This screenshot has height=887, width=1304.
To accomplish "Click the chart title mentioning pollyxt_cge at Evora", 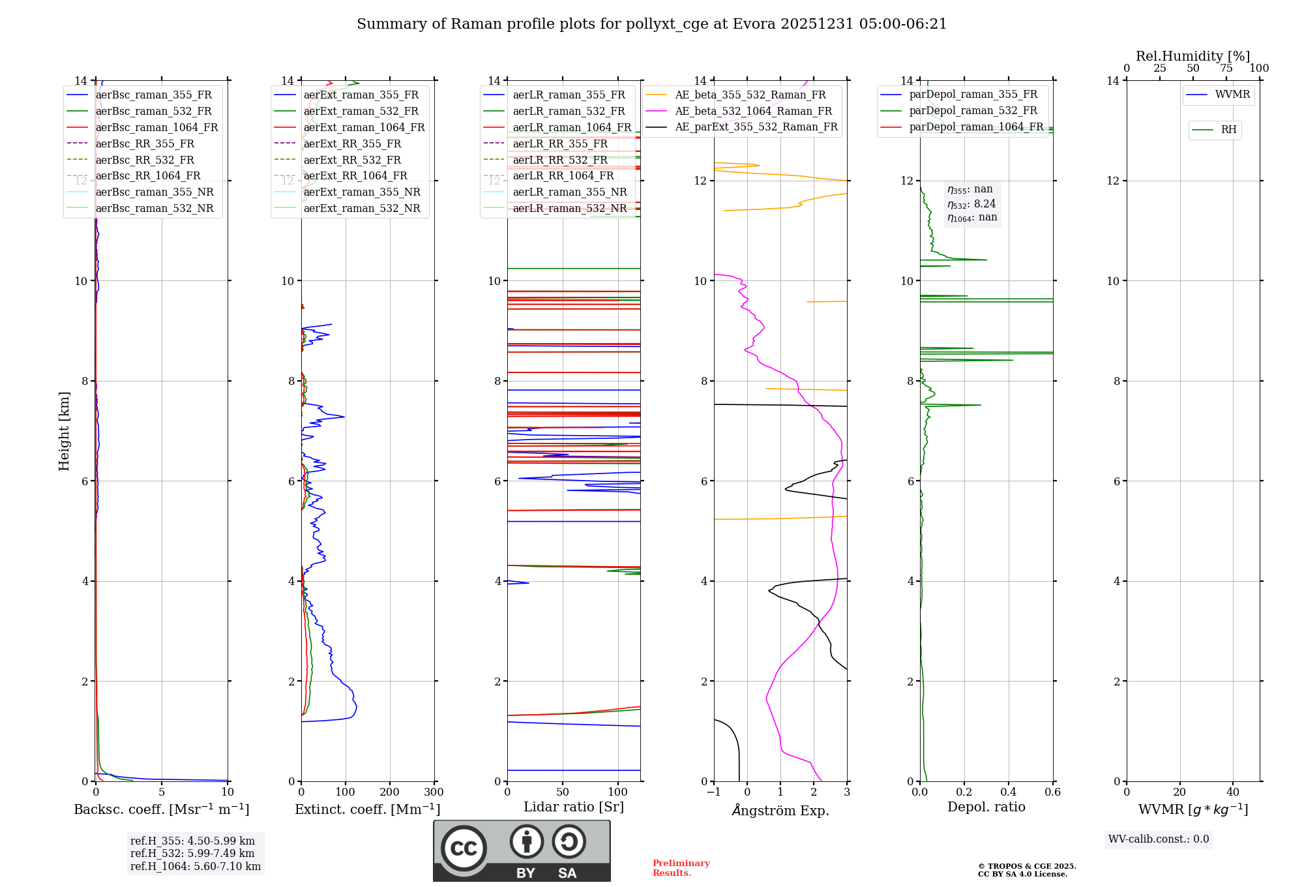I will tap(651, 24).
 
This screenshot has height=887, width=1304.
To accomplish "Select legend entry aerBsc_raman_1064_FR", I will tap(156, 127).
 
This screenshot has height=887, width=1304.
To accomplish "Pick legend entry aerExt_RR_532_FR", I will tap(352, 160).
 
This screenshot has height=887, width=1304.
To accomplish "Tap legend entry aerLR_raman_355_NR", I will tap(569, 192).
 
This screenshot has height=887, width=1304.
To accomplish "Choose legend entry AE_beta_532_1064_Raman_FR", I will tap(753, 111).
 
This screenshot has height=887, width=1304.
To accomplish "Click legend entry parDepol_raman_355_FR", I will tap(973, 95).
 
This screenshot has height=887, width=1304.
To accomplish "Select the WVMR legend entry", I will tap(1232, 95).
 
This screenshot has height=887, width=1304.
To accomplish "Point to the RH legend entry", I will tap(1228, 130).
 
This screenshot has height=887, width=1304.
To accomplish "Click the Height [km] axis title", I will tap(64, 430).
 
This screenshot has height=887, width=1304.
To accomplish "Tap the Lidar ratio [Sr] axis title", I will tap(573, 807).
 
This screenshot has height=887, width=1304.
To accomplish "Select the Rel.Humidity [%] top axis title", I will tap(1193, 56).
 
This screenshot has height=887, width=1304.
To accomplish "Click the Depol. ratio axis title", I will tap(986, 807).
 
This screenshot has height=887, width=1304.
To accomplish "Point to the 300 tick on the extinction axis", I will tap(434, 792).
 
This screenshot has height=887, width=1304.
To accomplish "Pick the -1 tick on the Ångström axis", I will tap(713, 792).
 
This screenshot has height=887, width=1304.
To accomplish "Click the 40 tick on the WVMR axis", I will tap(1232, 792).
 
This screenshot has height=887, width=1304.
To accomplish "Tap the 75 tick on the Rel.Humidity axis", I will tap(1226, 68).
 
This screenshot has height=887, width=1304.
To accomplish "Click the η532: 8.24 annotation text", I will tap(971, 204).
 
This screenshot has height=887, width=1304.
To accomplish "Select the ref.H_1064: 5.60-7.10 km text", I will tap(195, 867).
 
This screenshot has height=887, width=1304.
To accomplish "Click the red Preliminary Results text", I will tap(681, 868).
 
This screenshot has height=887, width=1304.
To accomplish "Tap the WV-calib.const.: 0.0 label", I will tap(1158, 839).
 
